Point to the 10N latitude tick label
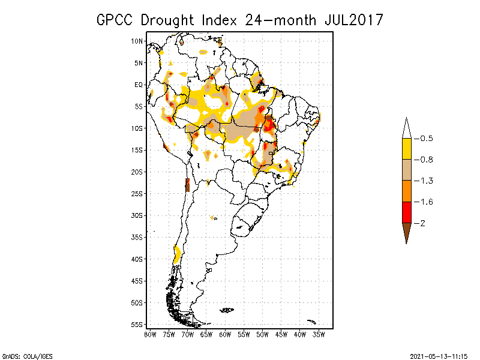coord(137,41)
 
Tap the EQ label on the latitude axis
coord(139,85)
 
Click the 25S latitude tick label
coord(137,193)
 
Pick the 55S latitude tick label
coord(137,324)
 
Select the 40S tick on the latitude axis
coord(137,259)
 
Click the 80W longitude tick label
coord(150,334)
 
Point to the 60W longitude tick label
coord(225,334)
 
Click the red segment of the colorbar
coord(406,212)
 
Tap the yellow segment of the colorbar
coord(406,149)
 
